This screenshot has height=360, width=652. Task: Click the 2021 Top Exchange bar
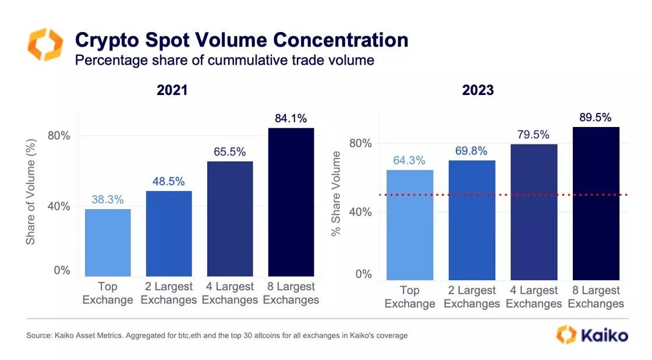click(108, 242)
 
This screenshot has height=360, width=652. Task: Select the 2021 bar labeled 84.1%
click(290, 202)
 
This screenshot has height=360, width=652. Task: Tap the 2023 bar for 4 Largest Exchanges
click(534, 212)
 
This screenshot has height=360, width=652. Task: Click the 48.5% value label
click(169, 181)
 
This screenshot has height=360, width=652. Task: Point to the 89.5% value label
click(596, 118)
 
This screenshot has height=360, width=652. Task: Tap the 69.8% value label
click(472, 151)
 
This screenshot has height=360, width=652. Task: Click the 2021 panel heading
click(172, 90)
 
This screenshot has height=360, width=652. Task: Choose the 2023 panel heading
click(477, 90)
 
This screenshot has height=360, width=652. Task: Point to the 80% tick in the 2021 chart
click(58, 136)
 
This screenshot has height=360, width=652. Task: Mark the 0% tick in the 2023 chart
click(363, 274)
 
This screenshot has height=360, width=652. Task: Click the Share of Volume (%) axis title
click(31, 191)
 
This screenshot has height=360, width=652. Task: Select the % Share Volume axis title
click(336, 194)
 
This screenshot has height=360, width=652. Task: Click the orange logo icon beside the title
click(45, 44)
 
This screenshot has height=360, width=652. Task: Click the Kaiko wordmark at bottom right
click(603, 336)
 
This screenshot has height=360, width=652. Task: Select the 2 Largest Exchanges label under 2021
click(169, 294)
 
